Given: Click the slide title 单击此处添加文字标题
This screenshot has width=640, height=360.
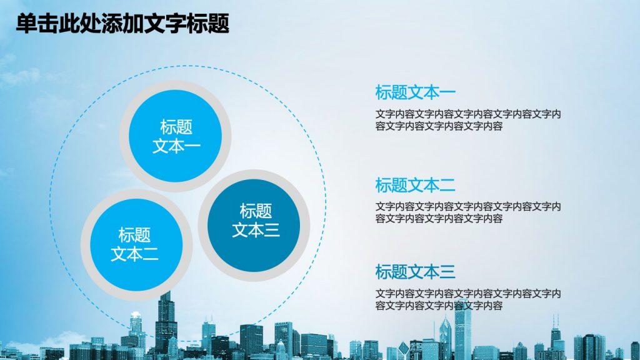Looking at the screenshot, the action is pyautogui.click(x=122, y=23).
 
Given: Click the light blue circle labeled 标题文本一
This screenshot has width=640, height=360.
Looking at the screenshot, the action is pyautogui.click(x=176, y=136).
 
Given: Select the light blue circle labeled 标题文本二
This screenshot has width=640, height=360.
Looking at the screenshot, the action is pyautogui.click(x=136, y=245).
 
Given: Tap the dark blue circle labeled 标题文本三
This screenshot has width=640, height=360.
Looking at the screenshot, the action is pyautogui.click(x=254, y=225).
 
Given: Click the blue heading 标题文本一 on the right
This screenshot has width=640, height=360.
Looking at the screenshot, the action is pyautogui.click(x=415, y=92).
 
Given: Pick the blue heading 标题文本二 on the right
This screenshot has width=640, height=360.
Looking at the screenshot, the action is pyautogui.click(x=415, y=185).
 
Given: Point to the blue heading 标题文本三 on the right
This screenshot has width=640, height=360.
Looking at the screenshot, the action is pyautogui.click(x=415, y=271).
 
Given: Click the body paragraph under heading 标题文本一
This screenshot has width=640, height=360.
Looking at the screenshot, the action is pyautogui.click(x=468, y=120).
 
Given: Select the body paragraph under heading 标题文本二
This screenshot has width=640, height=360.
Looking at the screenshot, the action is pyautogui.click(x=468, y=212).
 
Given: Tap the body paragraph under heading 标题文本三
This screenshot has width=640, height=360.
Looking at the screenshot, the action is pyautogui.click(x=468, y=299).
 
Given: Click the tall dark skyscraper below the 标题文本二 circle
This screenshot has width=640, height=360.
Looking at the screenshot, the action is pyautogui.click(x=166, y=322).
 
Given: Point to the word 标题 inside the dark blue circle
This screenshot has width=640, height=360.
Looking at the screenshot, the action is pyautogui.click(x=256, y=211).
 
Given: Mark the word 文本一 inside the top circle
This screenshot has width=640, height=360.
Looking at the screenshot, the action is pyautogui.click(x=176, y=146).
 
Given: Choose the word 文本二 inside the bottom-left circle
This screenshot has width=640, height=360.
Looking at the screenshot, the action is pyautogui.click(x=135, y=254).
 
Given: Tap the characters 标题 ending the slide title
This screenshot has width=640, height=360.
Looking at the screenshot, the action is pyautogui.click(x=208, y=23).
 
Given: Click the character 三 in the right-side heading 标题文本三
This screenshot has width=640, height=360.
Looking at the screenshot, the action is pyautogui.click(x=447, y=271).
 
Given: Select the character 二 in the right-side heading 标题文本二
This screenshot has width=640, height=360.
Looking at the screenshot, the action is pyautogui.click(x=447, y=185).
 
